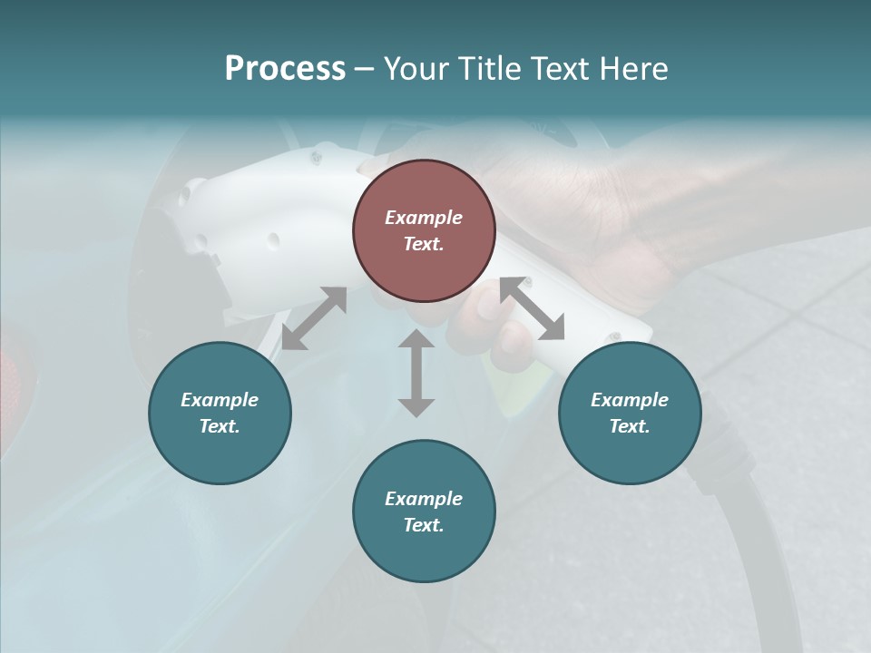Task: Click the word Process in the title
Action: (285, 69)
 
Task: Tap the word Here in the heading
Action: (632, 69)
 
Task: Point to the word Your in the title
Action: (414, 69)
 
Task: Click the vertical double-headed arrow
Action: (416, 373)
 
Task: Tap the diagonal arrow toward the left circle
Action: (314, 318)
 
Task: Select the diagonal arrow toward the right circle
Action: (533, 308)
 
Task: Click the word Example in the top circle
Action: (424, 218)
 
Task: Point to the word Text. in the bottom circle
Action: (424, 525)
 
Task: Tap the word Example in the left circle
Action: (220, 400)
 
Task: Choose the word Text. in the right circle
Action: (630, 426)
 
